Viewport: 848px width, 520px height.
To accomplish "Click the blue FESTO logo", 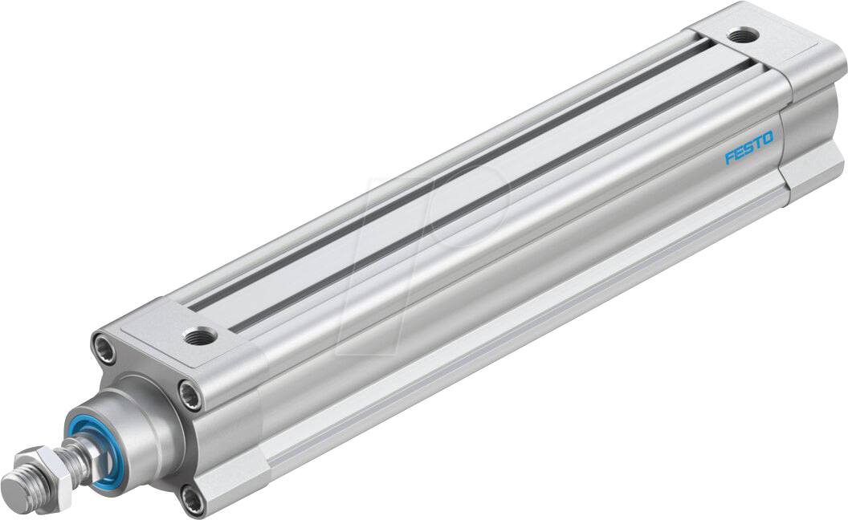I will (x=748, y=148).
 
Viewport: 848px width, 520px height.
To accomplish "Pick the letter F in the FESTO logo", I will (x=728, y=156).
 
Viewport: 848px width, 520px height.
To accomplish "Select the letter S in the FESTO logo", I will (x=748, y=148).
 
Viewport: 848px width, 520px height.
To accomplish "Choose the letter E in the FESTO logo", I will (x=738, y=152).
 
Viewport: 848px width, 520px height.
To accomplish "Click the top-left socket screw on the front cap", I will (x=105, y=347).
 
